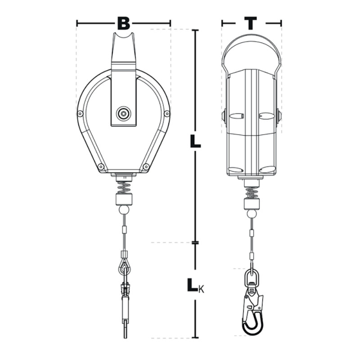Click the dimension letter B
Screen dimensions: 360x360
point(123,23)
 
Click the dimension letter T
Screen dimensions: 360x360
point(251,23)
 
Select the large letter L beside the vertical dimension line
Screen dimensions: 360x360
point(195,141)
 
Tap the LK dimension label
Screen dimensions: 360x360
point(195,285)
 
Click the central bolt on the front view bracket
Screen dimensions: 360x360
point(123,113)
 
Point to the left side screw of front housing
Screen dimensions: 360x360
point(80,113)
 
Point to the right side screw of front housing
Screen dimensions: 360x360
point(167,113)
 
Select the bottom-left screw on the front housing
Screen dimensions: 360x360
point(100,166)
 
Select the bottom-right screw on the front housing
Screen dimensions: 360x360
point(146,166)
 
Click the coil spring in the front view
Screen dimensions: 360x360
point(124,188)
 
